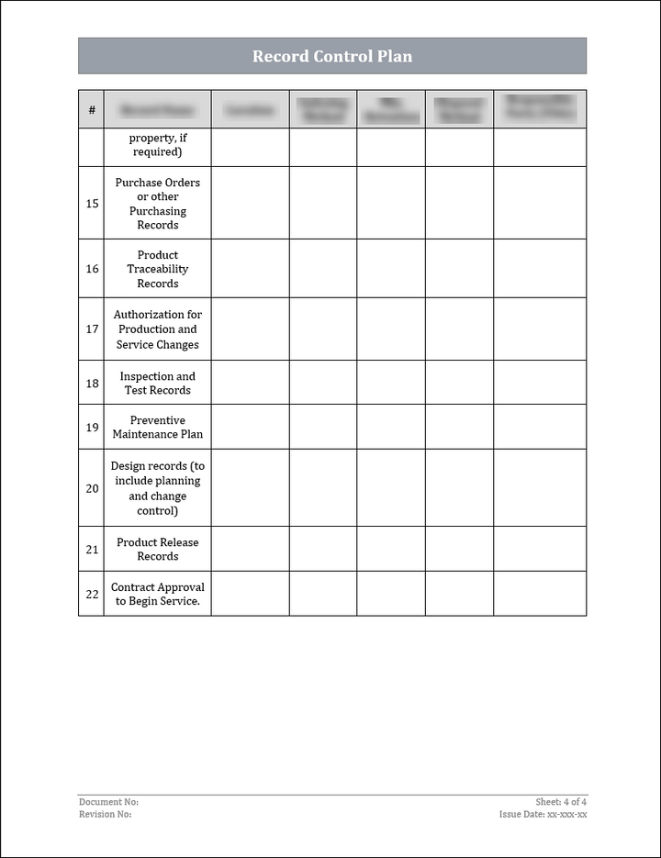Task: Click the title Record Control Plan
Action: tap(332, 56)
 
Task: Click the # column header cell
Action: tap(92, 110)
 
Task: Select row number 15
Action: tap(92, 203)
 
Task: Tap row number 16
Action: tap(92, 269)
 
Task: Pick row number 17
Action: tap(92, 329)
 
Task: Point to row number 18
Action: tap(92, 383)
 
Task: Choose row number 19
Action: tap(92, 427)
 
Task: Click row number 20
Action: tap(92, 488)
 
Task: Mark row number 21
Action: tap(92, 549)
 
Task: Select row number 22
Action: tap(92, 594)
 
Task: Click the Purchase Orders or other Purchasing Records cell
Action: tap(158, 203)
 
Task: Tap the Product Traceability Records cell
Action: tap(158, 269)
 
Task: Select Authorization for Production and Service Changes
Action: tap(158, 329)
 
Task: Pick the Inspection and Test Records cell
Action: tap(158, 383)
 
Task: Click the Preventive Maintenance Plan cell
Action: tap(158, 427)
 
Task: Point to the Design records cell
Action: tap(158, 488)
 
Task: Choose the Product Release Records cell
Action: tap(158, 549)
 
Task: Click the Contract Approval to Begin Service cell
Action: tap(158, 594)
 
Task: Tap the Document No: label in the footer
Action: tap(108, 802)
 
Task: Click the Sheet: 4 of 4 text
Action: tap(561, 802)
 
